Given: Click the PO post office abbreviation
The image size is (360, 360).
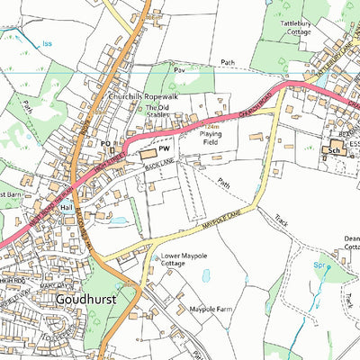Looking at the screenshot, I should pyautogui.click(x=105, y=144).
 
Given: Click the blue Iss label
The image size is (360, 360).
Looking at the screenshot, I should pyautogui.click(x=47, y=42).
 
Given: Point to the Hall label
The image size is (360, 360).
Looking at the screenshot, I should pyautogui.click(x=65, y=206).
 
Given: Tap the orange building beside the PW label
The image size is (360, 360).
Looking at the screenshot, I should pyautogui.click(x=146, y=157).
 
